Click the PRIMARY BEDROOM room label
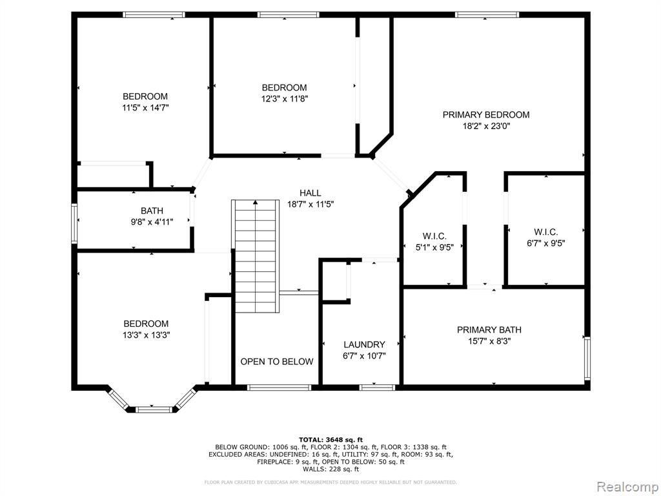(485, 115)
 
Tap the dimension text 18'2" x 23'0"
(486, 126)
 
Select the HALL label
(310, 193)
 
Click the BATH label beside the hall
(152, 211)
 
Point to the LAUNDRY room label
(364, 345)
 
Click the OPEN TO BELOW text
(277, 362)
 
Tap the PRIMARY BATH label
(489, 330)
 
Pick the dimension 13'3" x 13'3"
(147, 335)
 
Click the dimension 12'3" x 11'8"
(285, 99)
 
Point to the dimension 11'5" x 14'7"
(145, 108)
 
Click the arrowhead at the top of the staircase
(256, 202)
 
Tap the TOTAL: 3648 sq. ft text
(330, 439)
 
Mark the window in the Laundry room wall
(377, 387)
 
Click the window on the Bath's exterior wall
(74, 223)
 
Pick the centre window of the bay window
(154, 409)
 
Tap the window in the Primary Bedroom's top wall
(487, 15)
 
